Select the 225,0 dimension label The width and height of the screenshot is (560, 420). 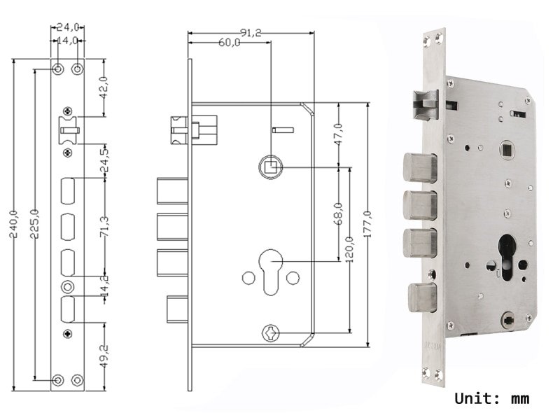point(34,223)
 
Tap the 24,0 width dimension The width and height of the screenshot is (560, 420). point(67,29)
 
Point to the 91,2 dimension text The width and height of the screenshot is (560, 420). point(251,32)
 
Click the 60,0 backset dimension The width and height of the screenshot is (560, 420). point(230,43)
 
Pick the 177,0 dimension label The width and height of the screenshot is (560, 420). point(367,224)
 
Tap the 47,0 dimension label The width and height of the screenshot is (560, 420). point(338,135)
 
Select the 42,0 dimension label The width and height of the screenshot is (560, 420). point(106,87)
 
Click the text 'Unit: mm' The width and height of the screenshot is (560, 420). point(492,399)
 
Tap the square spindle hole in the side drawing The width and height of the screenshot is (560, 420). point(271,168)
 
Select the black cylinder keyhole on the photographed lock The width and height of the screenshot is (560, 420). point(507,256)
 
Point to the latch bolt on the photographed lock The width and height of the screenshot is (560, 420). point(424,105)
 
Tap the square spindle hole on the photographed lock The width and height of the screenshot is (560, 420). point(505,149)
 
